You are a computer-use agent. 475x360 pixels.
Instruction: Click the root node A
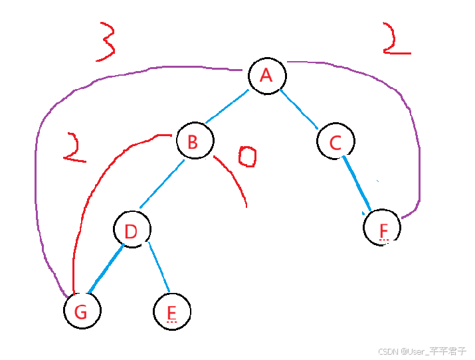[x=266, y=75]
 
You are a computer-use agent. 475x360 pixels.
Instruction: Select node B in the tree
[x=195, y=141]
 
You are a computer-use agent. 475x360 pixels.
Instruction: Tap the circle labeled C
[x=335, y=141]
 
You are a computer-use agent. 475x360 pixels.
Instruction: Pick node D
[x=132, y=230]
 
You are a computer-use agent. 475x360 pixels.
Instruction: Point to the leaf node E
[x=171, y=311]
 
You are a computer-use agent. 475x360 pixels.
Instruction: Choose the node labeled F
[x=383, y=228]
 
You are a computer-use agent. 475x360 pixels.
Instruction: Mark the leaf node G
[x=82, y=310]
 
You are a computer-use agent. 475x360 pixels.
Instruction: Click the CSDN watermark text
[x=422, y=351]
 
